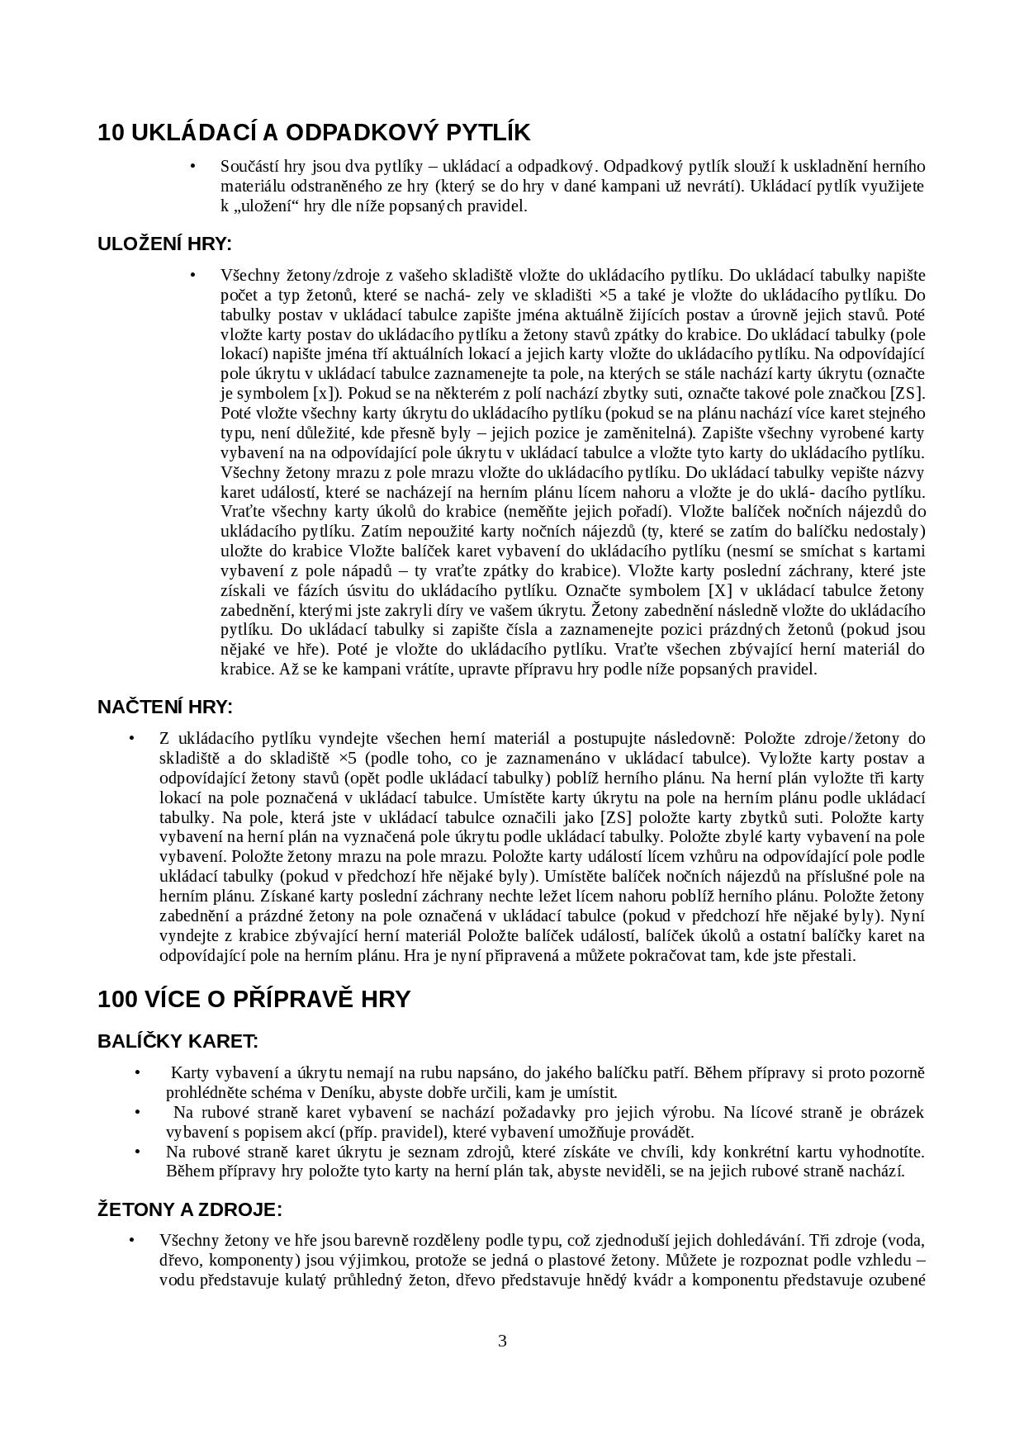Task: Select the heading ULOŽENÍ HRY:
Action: point(164,244)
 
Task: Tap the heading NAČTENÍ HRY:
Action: point(165,707)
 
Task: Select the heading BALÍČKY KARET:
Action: point(178,1041)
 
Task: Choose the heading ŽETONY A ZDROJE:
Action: point(190,1210)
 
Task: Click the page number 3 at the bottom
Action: point(502,1341)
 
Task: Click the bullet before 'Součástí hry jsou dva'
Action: point(193,167)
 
